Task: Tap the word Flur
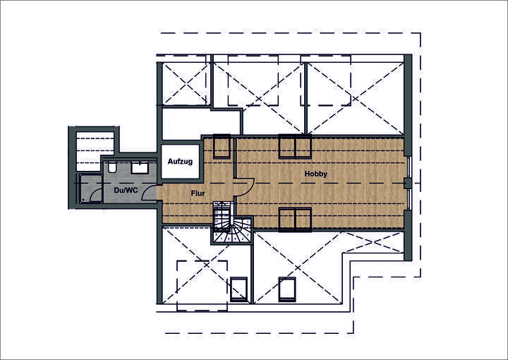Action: pyautogui.click(x=198, y=192)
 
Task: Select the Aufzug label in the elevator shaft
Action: pyautogui.click(x=180, y=162)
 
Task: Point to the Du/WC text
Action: pyautogui.click(x=126, y=191)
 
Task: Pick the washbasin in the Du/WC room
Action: pyautogui.click(x=139, y=167)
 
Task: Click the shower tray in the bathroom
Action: pyautogui.click(x=90, y=188)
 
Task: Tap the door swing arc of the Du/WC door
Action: pyautogui.click(x=150, y=195)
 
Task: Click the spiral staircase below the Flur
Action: pyautogui.click(x=231, y=224)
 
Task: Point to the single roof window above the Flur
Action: pyautogui.click(x=222, y=146)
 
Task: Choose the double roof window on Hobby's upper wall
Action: pyautogui.click(x=295, y=146)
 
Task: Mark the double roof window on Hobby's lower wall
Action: pyautogui.click(x=295, y=219)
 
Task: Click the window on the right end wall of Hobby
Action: pyautogui.click(x=409, y=184)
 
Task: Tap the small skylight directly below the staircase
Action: pyautogui.click(x=238, y=289)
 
